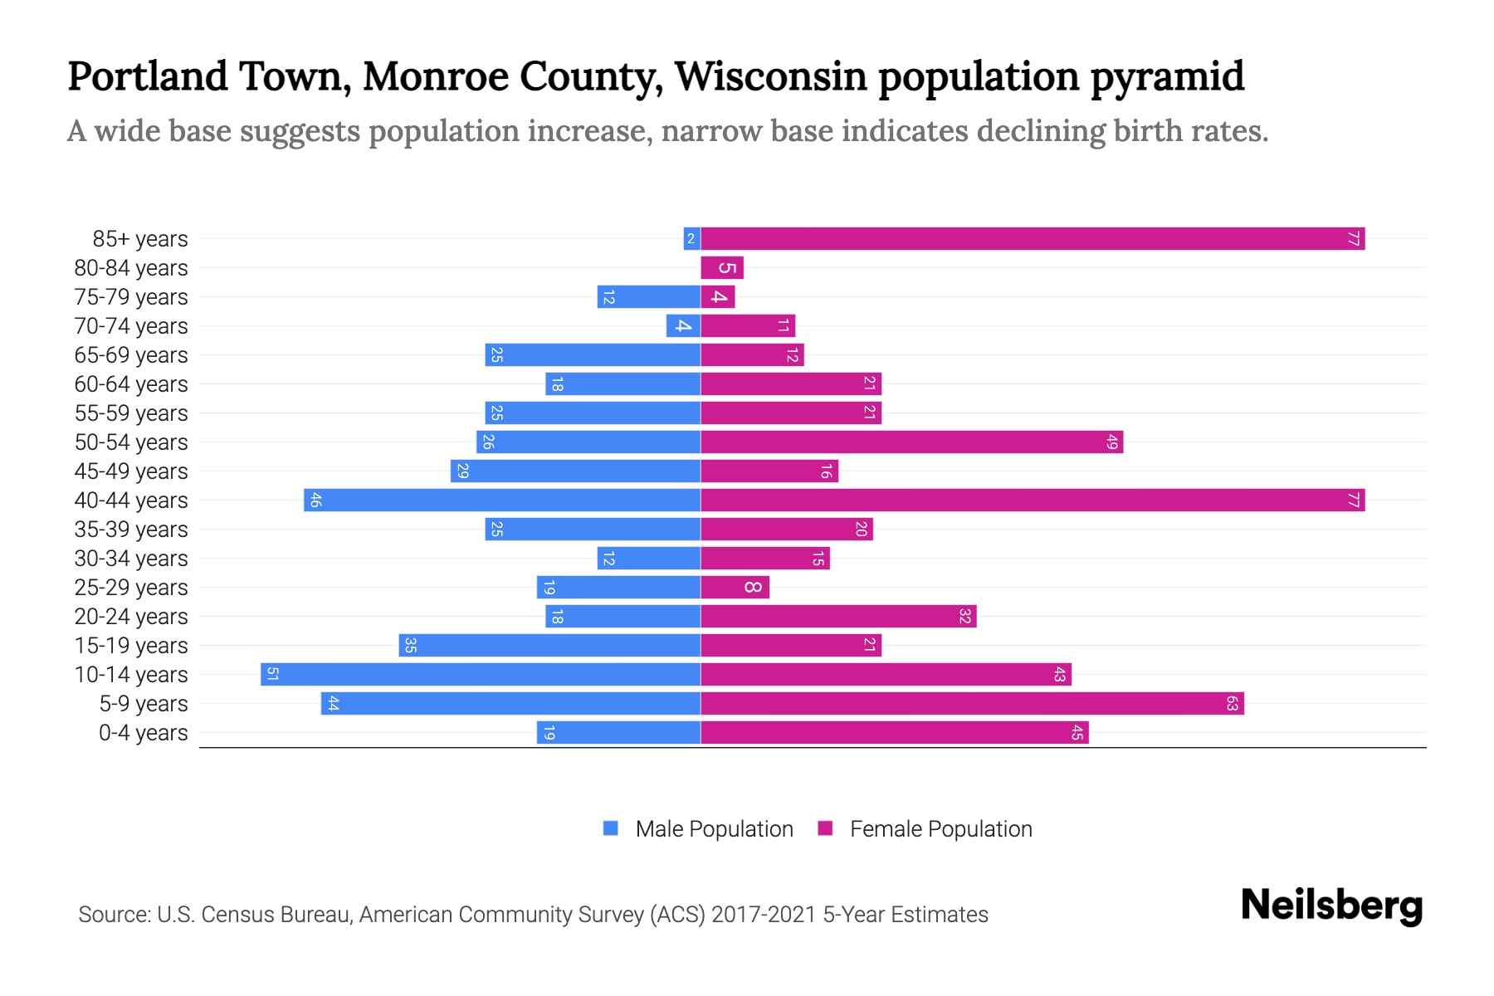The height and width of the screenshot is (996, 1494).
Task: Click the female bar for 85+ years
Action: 1033,239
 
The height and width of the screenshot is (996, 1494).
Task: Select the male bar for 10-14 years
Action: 481,675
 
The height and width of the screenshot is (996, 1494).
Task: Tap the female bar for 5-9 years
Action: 972,704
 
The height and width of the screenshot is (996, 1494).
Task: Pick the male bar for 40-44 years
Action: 502,500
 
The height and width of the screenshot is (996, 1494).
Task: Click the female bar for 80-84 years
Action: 722,268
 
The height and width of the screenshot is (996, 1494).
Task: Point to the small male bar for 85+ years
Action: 691,239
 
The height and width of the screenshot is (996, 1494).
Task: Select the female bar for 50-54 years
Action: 911,442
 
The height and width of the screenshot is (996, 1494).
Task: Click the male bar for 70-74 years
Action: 683,326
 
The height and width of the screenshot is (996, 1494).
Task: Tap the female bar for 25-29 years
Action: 735,588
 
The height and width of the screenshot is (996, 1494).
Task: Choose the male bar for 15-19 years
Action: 549,646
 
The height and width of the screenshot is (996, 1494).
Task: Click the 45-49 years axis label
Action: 131,471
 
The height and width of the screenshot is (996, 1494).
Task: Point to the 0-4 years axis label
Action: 143,733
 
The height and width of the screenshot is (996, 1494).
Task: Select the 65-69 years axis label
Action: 131,355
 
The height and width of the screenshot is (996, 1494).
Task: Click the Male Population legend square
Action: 611,828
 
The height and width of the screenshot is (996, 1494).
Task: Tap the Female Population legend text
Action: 940,829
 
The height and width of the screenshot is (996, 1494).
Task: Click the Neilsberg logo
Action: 1331,906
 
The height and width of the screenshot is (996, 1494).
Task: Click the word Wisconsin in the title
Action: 771,76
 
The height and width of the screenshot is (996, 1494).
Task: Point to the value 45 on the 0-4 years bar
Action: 1077,733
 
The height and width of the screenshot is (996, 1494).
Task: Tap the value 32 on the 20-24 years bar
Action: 964,617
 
